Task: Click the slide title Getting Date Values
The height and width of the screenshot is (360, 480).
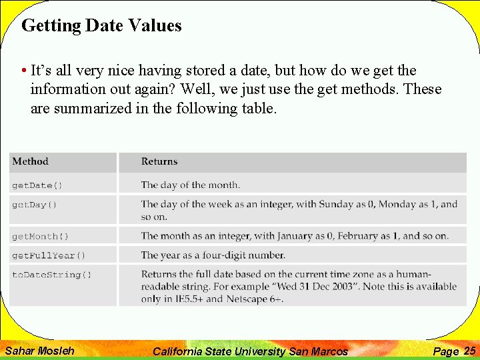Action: click(x=101, y=26)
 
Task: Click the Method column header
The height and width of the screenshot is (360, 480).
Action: click(x=31, y=161)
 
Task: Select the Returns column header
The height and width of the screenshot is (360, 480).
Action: click(x=159, y=161)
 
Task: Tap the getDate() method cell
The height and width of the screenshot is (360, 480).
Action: click(x=37, y=185)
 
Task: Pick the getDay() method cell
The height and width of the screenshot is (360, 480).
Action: click(x=35, y=205)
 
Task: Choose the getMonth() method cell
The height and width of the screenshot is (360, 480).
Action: click(x=40, y=236)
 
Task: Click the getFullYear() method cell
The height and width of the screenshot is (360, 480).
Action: click(x=49, y=255)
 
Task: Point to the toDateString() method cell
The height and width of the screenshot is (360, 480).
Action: click(x=52, y=275)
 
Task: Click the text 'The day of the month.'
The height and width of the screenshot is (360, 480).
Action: click(x=191, y=185)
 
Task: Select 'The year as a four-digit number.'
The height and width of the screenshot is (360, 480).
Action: click(x=213, y=255)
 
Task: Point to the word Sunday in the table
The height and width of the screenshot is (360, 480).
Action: click(x=337, y=205)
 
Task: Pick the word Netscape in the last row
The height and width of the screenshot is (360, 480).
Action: click(x=246, y=299)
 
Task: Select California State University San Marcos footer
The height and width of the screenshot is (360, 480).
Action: click(x=250, y=351)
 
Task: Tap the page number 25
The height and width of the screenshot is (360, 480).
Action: click(x=469, y=351)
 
